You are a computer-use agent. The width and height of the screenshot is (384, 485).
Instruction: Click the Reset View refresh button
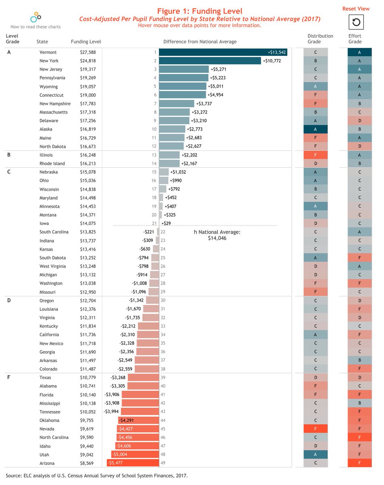click(x=356, y=22)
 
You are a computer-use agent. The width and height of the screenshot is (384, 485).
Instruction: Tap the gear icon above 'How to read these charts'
click(x=36, y=17)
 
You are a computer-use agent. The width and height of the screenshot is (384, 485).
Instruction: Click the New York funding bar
click(x=210, y=61)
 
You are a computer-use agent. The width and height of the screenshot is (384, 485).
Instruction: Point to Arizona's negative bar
click(x=133, y=463)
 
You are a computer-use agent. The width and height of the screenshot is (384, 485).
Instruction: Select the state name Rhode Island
click(x=52, y=164)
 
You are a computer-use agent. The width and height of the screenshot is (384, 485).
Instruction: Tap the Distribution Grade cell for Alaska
click(x=315, y=129)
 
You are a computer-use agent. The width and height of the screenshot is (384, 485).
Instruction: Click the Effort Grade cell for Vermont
click(x=359, y=52)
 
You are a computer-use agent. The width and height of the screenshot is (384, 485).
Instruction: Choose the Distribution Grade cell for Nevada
click(x=315, y=429)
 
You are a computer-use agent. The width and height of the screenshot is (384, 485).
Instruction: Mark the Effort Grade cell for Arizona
click(x=359, y=463)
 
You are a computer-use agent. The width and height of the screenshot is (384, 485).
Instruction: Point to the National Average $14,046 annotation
click(x=217, y=235)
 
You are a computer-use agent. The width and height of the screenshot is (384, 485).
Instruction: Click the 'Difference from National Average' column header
click(x=200, y=42)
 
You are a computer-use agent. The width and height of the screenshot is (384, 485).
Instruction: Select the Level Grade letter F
click(x=9, y=377)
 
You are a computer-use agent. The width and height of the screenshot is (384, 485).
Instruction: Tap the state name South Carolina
click(x=54, y=232)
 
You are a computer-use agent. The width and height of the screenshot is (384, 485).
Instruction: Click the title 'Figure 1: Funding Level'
click(x=200, y=11)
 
